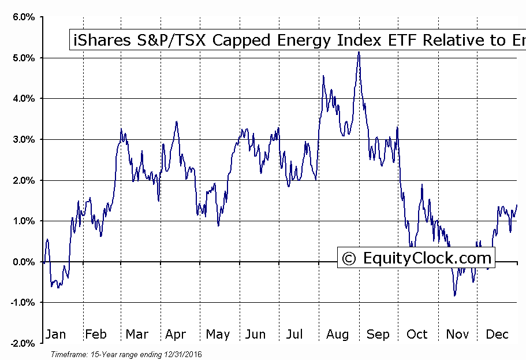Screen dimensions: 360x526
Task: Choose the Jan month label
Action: [55, 334]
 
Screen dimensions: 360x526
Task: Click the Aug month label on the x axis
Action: [338, 334]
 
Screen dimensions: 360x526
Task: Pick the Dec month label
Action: [497, 334]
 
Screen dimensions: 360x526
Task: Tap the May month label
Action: [218, 335]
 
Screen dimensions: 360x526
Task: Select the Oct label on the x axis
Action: [417, 334]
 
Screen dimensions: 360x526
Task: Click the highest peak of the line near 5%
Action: [359, 52]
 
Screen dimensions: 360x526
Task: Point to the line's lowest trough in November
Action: [454, 295]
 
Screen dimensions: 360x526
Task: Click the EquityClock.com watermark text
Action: [427, 258]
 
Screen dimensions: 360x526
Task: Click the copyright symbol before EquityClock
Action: [349, 258]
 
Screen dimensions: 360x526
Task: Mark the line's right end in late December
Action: [517, 205]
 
